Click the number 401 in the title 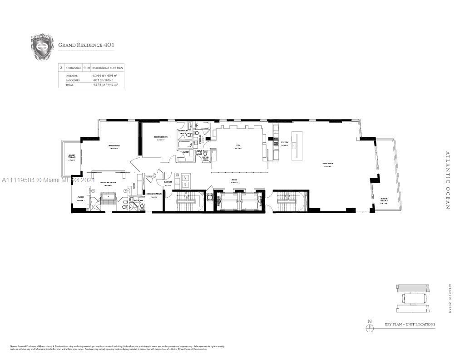[108, 45]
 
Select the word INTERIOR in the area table [72, 75]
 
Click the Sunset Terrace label [72, 157]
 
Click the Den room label [238, 146]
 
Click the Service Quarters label [154, 195]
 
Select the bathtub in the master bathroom [108, 198]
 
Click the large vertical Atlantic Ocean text [447, 180]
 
